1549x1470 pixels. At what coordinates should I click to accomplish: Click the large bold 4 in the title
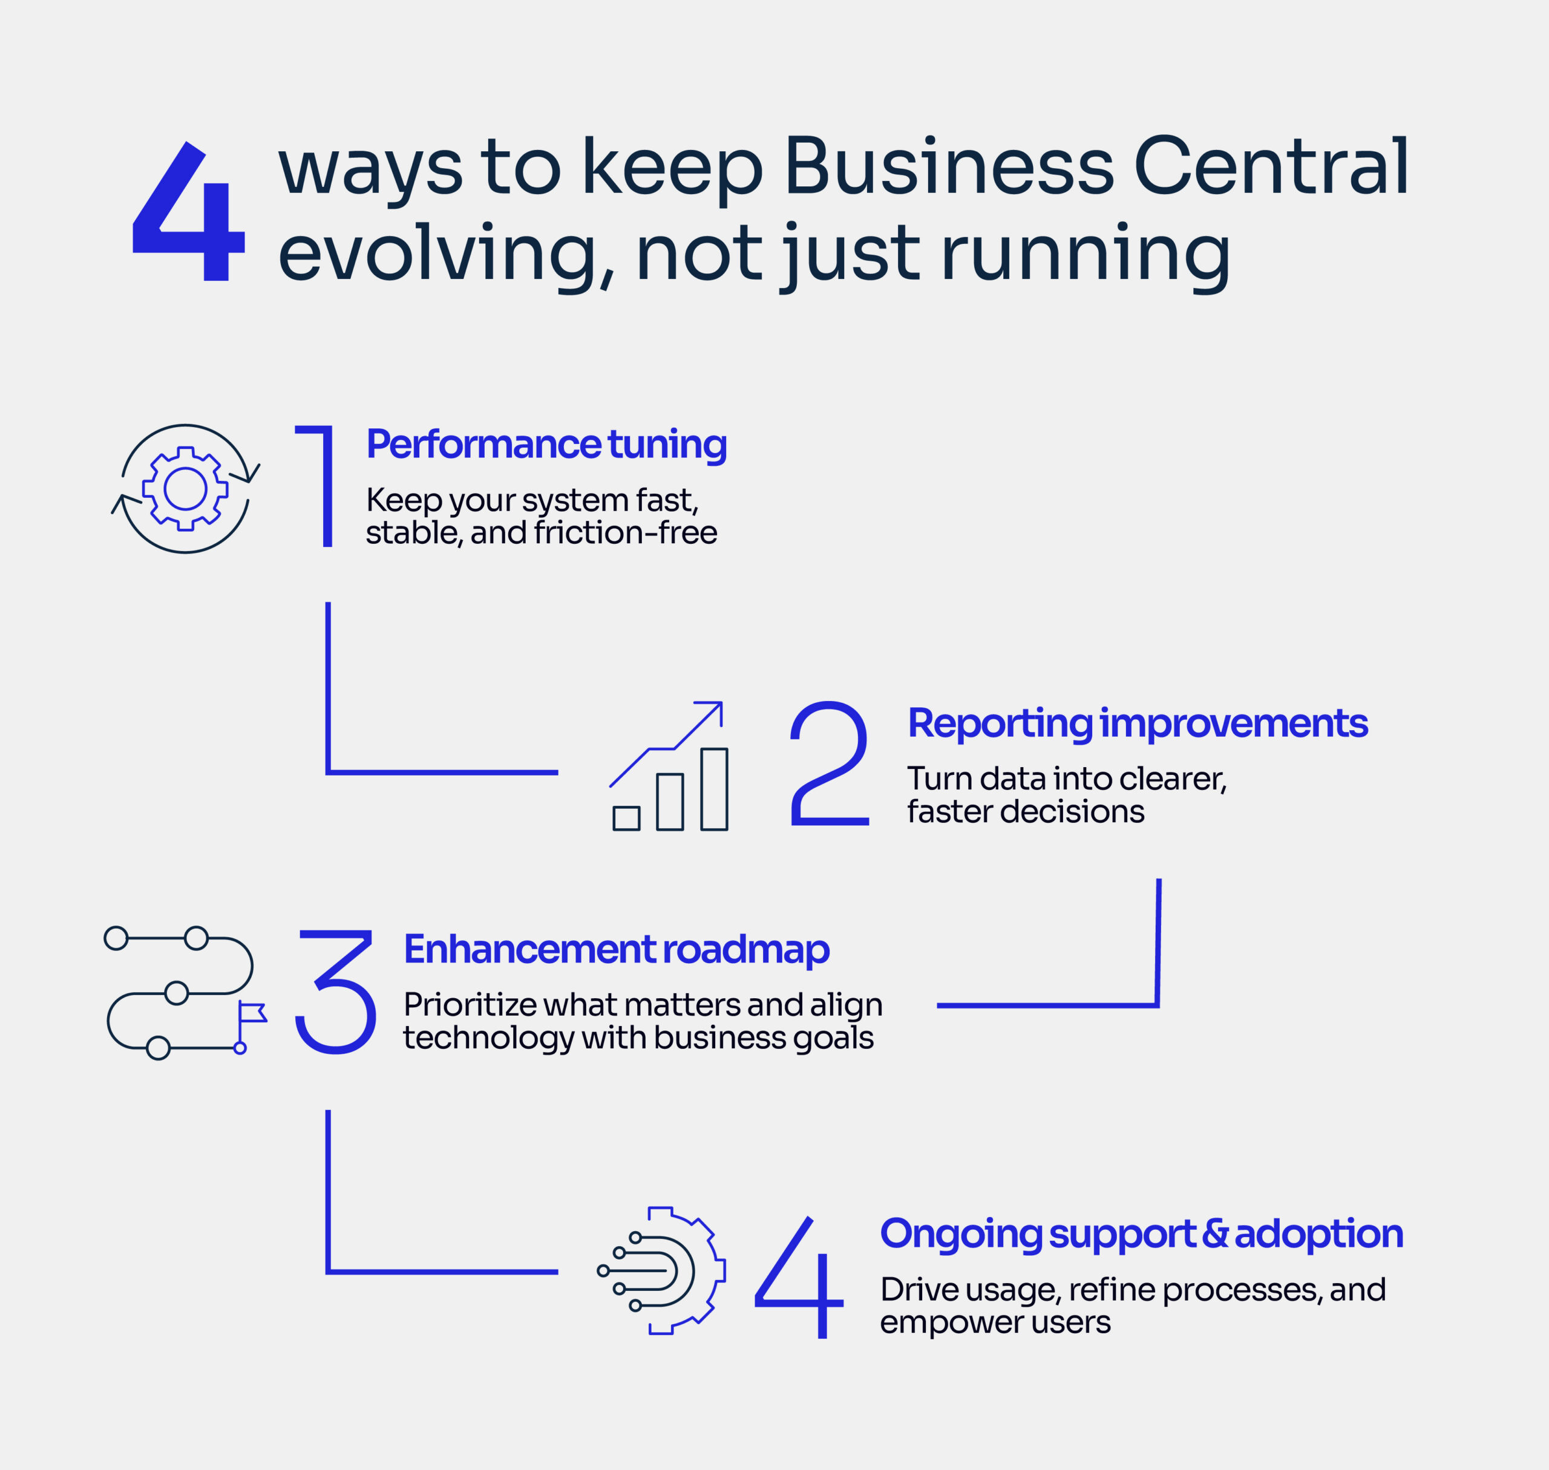pyautogui.click(x=189, y=212)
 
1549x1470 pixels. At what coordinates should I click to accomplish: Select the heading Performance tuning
pyautogui.click(x=546, y=444)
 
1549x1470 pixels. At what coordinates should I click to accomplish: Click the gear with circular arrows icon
pyautogui.click(x=186, y=489)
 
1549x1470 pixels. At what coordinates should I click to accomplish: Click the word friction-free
pyautogui.click(x=625, y=533)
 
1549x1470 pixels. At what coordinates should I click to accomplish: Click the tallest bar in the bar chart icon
pyautogui.click(x=713, y=788)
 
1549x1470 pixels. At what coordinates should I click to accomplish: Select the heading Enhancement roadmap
pyautogui.click(x=616, y=949)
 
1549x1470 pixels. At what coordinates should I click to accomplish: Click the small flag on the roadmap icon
pyautogui.click(x=252, y=1013)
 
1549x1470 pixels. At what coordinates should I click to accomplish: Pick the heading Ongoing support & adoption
pyautogui.click(x=1141, y=1233)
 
